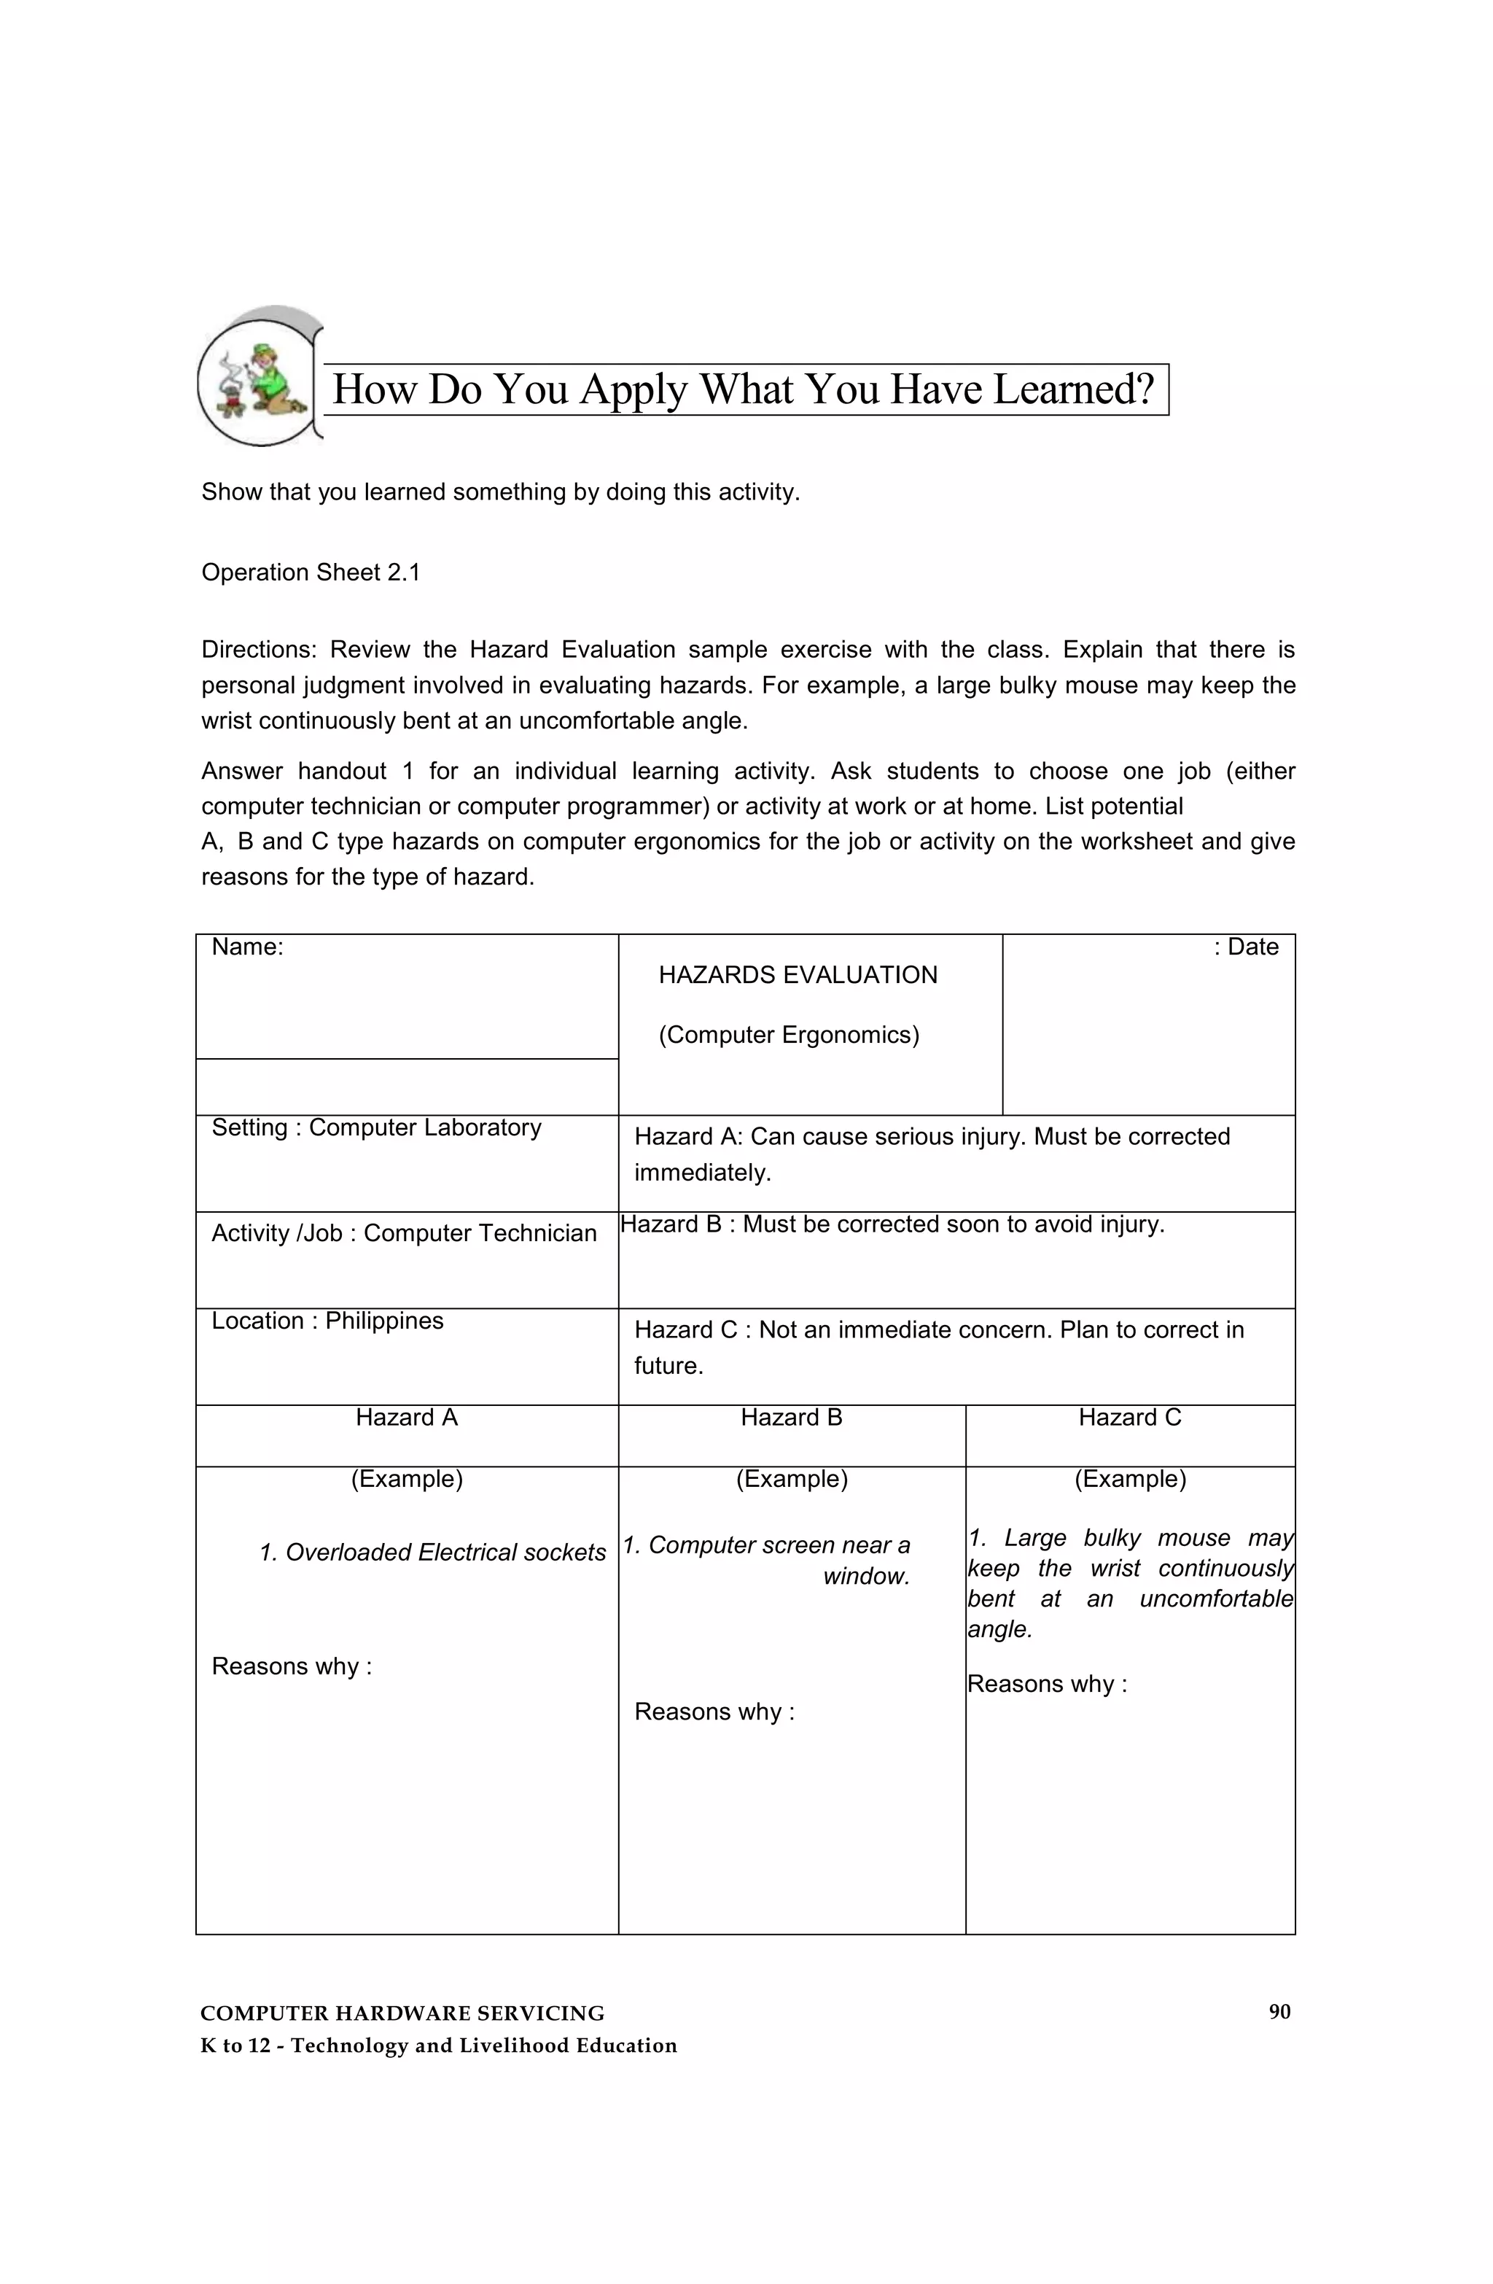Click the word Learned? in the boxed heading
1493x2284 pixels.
(1073, 389)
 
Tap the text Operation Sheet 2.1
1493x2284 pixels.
(311, 573)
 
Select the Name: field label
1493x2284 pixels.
(248, 947)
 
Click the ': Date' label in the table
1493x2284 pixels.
(1245, 947)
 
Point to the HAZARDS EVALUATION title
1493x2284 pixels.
(798, 975)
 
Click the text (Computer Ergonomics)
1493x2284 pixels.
(789, 1035)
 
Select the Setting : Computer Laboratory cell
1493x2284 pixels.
(376, 1127)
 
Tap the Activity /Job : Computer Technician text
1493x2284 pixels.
(404, 1233)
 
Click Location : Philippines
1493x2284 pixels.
(327, 1321)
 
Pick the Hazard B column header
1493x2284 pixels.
(791, 1418)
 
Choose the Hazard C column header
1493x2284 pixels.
(1129, 1418)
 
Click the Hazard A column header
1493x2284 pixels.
(407, 1418)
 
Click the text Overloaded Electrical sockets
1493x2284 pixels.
(445, 1553)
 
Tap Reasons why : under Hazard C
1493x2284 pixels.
(1047, 1685)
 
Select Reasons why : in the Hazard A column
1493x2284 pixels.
(292, 1667)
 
